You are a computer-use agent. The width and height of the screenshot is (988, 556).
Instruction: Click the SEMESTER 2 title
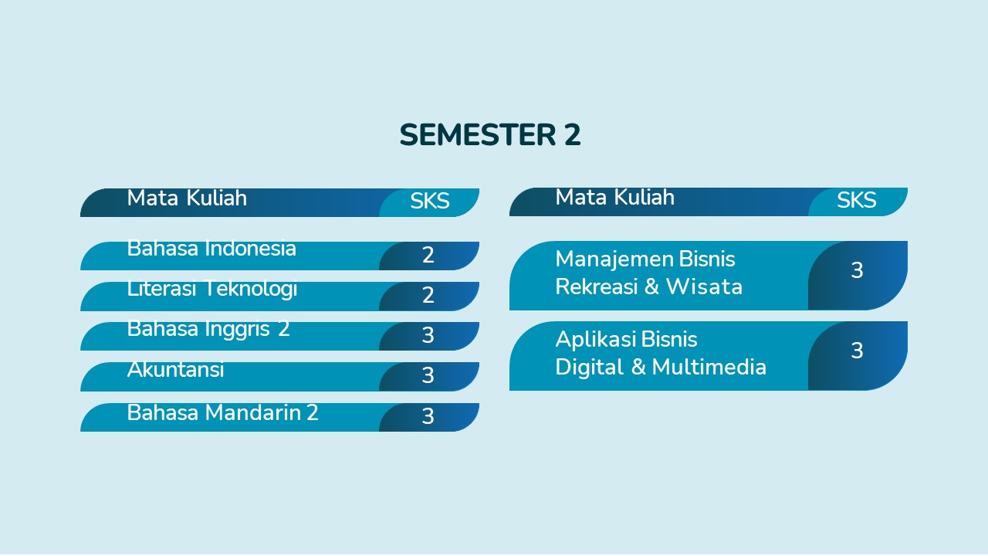[x=490, y=134]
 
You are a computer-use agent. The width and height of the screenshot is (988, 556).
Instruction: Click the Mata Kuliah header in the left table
[x=187, y=198]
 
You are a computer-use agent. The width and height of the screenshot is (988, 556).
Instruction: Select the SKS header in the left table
[x=430, y=202]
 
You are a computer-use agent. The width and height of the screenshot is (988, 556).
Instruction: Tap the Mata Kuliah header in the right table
[x=615, y=197]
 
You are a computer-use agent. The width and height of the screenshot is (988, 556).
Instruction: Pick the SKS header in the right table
[x=857, y=200]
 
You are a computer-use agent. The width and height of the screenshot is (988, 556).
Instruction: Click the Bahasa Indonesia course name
[x=211, y=248]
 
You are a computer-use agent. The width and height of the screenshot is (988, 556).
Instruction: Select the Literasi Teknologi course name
[x=212, y=289]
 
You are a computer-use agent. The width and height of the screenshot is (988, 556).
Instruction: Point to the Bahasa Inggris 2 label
[x=208, y=329]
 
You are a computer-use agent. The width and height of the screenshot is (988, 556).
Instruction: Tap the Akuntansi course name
[x=175, y=369]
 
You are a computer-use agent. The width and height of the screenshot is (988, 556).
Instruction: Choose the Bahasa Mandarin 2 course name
[x=223, y=412]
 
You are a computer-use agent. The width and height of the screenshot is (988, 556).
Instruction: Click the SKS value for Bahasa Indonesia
[x=428, y=255]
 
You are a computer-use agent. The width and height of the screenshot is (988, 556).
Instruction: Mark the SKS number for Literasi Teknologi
[x=428, y=295]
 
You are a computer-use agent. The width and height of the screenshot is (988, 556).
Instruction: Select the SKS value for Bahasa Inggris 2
[x=428, y=335]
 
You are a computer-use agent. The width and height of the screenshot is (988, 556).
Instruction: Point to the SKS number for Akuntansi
[x=428, y=375]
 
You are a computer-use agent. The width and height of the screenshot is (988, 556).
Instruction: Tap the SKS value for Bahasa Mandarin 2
[x=428, y=416]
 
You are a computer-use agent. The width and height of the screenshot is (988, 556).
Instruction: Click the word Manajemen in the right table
[x=614, y=259]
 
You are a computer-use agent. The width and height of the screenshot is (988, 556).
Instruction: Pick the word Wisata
[x=704, y=286]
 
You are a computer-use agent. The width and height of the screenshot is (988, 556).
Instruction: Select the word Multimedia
[x=709, y=367]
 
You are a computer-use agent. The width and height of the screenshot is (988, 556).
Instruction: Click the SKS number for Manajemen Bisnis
[x=857, y=270]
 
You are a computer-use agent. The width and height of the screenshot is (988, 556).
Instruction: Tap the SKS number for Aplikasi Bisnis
[x=857, y=351]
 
